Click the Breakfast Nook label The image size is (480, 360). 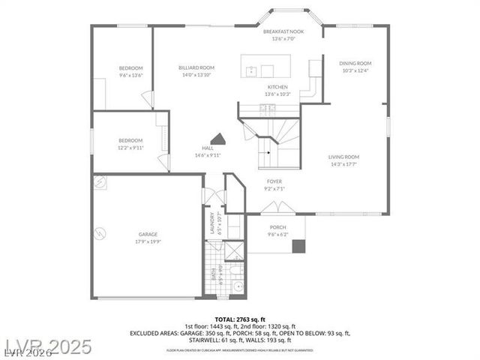[x=282, y=31]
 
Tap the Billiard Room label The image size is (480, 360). [x=196, y=68]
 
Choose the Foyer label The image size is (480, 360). [x=275, y=181]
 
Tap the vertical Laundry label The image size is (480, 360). [x=211, y=221]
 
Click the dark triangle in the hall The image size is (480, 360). [x=217, y=139]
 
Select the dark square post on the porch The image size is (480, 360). [x=299, y=246]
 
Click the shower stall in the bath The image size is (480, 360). [x=235, y=250]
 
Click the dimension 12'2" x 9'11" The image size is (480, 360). [x=130, y=148]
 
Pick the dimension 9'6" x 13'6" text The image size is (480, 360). [x=130, y=76]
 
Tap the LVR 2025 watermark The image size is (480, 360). [x=46, y=347]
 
